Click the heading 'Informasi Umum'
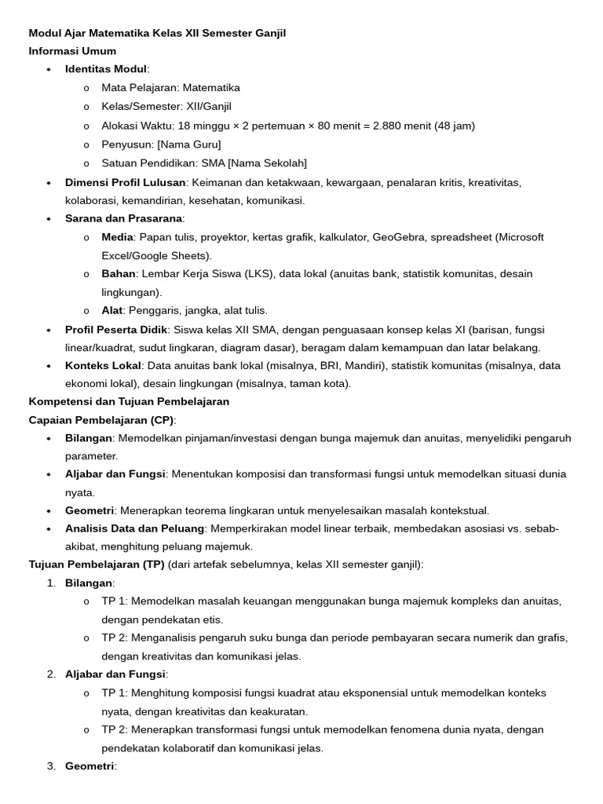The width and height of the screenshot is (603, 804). point(72,51)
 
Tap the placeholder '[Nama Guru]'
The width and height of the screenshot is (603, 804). point(188,144)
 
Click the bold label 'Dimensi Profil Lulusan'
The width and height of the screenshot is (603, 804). point(125,182)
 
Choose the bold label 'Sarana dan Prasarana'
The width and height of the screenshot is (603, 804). point(124,218)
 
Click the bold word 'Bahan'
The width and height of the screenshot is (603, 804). point(119,274)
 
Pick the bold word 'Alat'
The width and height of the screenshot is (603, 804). point(112,310)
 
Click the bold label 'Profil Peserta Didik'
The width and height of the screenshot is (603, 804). point(116,330)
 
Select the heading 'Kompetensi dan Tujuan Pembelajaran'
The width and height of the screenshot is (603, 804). point(129,401)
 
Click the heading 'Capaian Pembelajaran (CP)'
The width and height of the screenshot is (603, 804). point(101,420)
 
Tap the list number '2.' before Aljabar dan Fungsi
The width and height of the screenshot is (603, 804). point(51,674)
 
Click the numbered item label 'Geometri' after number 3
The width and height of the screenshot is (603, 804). point(90,766)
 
